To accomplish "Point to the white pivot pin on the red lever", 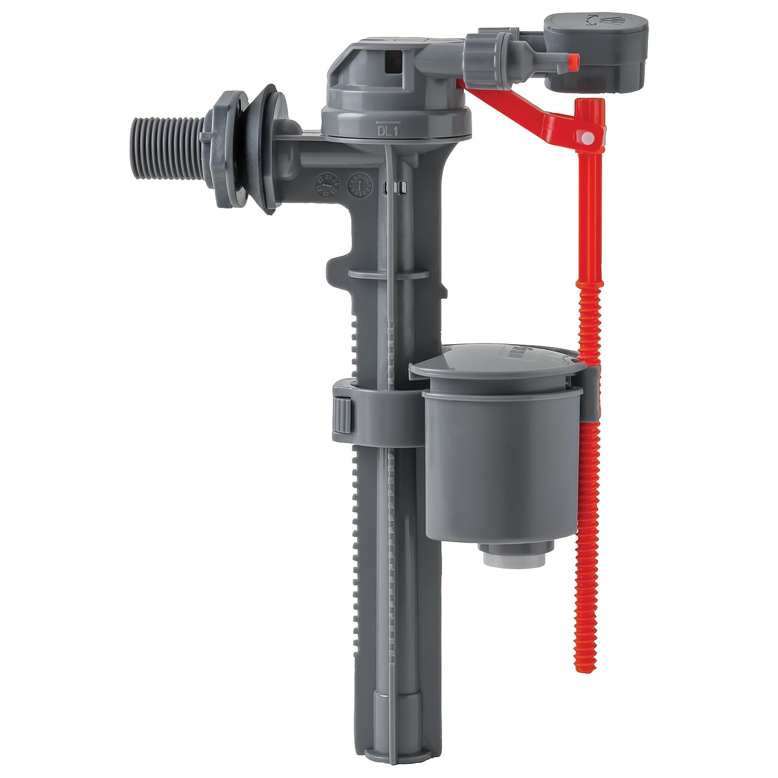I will tap(586, 137).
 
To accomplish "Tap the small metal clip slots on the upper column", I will tap(393, 189).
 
